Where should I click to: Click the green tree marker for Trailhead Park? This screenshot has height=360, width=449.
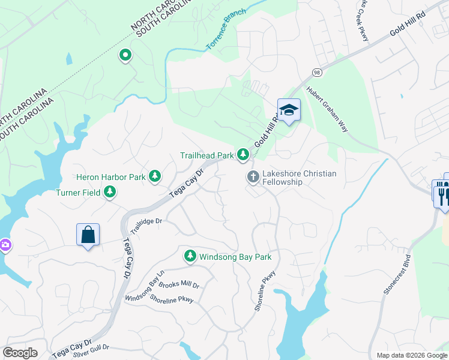243,155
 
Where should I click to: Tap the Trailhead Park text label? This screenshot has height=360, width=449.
206,155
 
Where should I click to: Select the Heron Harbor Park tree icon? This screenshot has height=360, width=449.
155,176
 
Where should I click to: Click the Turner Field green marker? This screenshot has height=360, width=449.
110,192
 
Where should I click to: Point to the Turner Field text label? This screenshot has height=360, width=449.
79,193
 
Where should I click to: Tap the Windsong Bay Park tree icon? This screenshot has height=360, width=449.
190,257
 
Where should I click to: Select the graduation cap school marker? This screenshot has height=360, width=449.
289,110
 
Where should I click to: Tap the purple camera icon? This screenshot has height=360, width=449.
4,245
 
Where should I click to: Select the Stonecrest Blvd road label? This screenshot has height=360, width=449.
399,275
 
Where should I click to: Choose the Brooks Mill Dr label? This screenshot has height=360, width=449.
179,286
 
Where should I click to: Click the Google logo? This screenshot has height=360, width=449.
20,353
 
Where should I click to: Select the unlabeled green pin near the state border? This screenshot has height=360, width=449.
125,56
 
